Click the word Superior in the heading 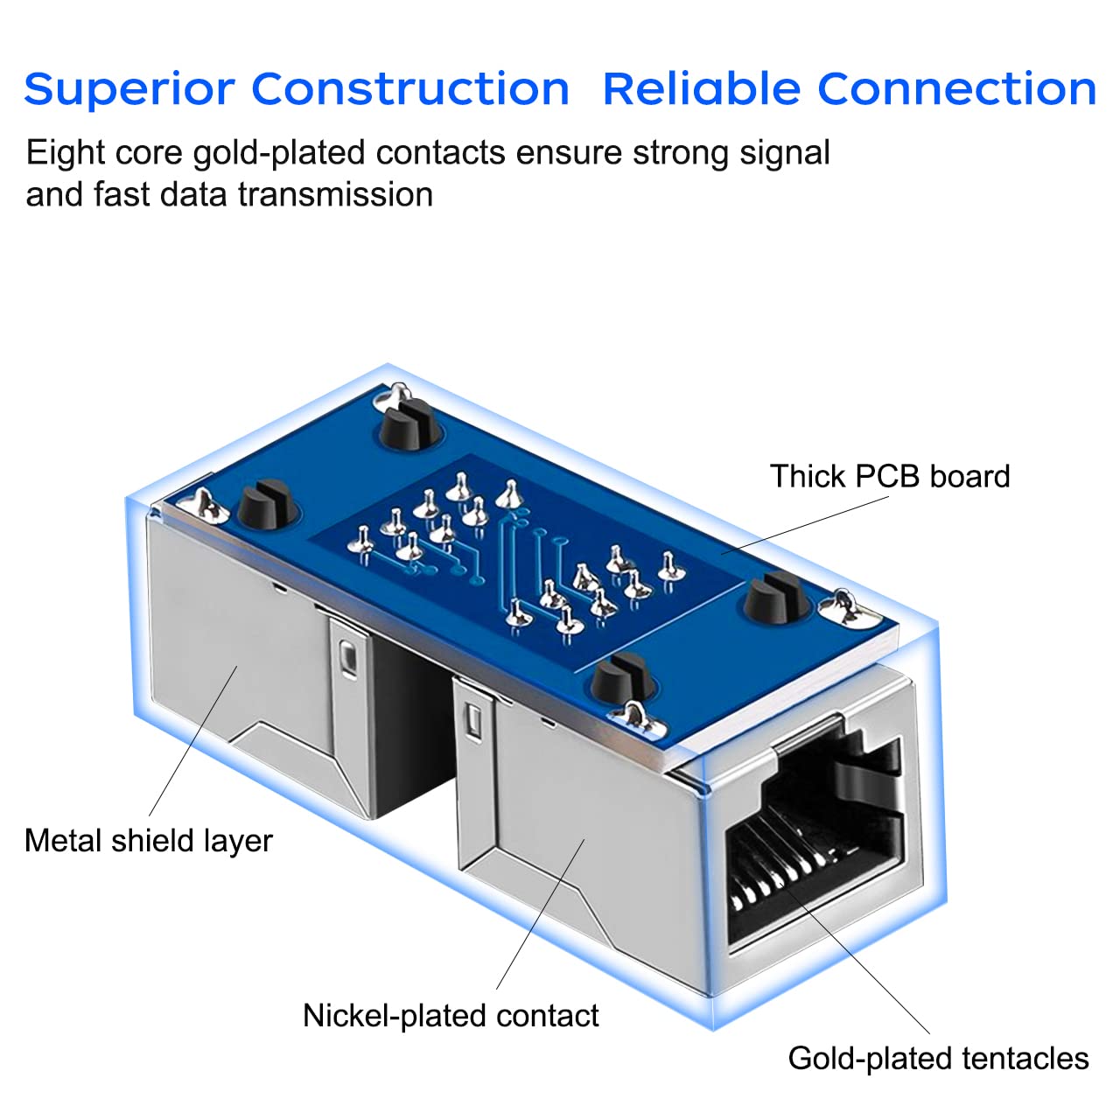pyautogui.click(x=129, y=90)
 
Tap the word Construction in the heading pyautogui.click(x=410, y=88)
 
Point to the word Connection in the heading pyautogui.click(x=956, y=88)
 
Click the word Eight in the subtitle pyautogui.click(x=59, y=153)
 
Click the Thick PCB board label pyautogui.click(x=890, y=476)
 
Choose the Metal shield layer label pyautogui.click(x=149, y=841)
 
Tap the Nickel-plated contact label pyautogui.click(x=451, y=1016)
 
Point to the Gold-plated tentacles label pyautogui.click(x=938, y=1059)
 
